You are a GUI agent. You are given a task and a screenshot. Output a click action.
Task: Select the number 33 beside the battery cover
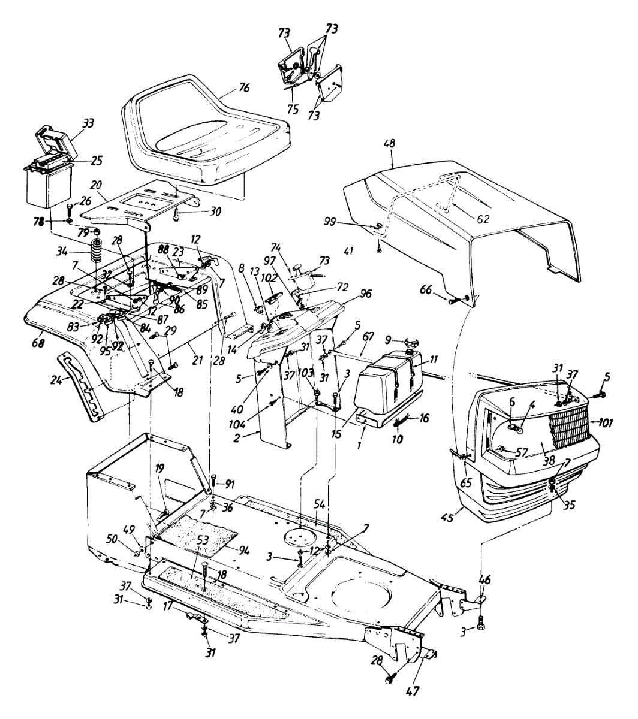tap(88, 124)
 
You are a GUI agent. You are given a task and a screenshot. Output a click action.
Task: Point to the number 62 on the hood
tap(482, 219)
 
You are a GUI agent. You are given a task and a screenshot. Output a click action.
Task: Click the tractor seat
tap(204, 132)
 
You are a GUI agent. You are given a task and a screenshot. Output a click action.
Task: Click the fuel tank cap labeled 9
tap(413, 343)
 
